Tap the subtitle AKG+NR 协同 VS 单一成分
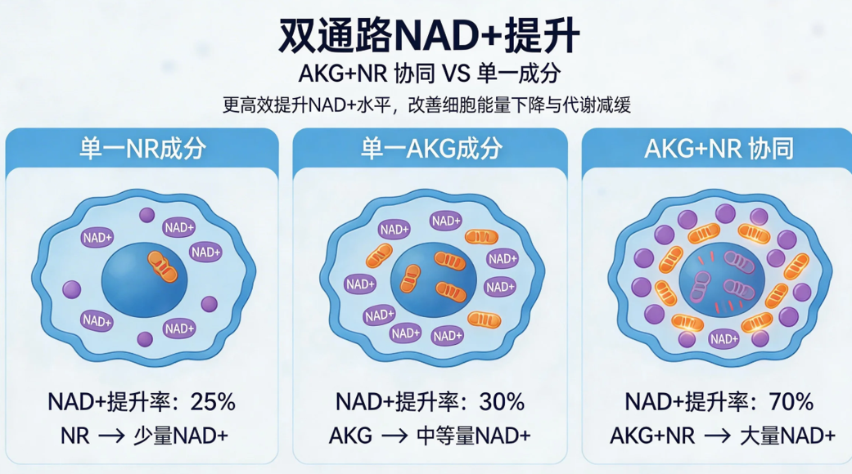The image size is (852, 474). pos(426,73)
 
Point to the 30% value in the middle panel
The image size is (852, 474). pos(502,401)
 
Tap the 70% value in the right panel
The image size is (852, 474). pos(791,401)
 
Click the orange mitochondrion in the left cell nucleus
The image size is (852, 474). pos(161,264)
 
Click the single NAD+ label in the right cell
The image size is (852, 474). pos(724,338)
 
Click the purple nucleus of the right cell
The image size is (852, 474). pos(720,282)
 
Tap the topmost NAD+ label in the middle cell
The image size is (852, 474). pos(446,220)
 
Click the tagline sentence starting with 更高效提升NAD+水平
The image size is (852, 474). pos(426,105)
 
